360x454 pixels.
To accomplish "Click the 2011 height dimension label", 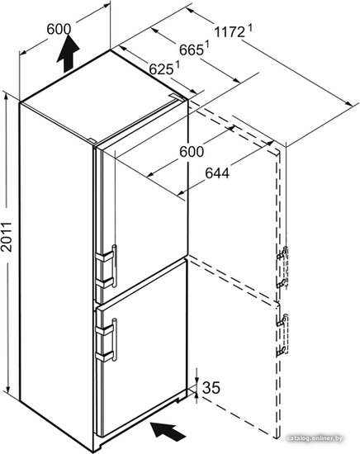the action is click(x=6, y=237).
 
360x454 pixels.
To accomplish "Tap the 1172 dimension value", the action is click(x=230, y=32).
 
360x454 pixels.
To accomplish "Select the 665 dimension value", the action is click(x=192, y=50).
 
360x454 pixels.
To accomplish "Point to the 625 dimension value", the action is click(x=161, y=69).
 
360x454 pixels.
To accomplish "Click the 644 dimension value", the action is click(x=217, y=173).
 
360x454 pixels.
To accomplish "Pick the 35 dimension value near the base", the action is click(x=211, y=387).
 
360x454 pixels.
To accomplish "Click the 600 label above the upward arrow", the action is click(x=59, y=29).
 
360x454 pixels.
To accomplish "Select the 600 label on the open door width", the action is click(x=192, y=152).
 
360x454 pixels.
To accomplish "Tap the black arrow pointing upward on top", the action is click(x=68, y=54).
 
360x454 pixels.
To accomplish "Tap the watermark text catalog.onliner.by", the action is click(x=315, y=438).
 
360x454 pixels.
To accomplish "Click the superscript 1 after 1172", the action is click(x=249, y=29).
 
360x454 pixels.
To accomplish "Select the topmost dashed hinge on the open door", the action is click(x=282, y=253).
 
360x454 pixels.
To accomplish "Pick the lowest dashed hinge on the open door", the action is click(x=282, y=350).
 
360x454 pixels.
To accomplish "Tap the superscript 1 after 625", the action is click(x=177, y=64).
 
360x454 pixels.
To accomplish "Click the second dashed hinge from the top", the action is click(x=282, y=283).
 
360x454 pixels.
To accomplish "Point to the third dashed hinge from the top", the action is click(x=282, y=320).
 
